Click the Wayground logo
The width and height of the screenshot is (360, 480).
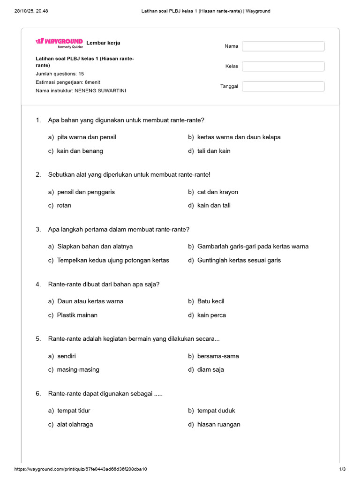click(59, 42)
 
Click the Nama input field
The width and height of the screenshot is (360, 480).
click(283, 46)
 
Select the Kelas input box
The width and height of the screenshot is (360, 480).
click(283, 66)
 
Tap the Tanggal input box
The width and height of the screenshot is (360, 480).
click(283, 86)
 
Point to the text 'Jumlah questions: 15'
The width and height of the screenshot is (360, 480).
click(60, 74)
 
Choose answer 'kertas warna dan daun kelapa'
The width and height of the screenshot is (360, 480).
click(239, 137)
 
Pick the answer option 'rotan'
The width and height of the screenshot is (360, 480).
click(64, 205)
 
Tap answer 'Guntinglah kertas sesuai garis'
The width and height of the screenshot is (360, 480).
click(239, 260)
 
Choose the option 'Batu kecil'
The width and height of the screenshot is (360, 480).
click(210, 301)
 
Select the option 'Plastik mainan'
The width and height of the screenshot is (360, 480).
click(77, 315)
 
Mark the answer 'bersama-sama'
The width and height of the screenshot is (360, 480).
click(218, 356)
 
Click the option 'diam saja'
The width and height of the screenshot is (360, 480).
click(210, 369)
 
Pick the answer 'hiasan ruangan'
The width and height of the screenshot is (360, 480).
click(218, 425)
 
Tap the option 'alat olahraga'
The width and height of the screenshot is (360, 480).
click(75, 425)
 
